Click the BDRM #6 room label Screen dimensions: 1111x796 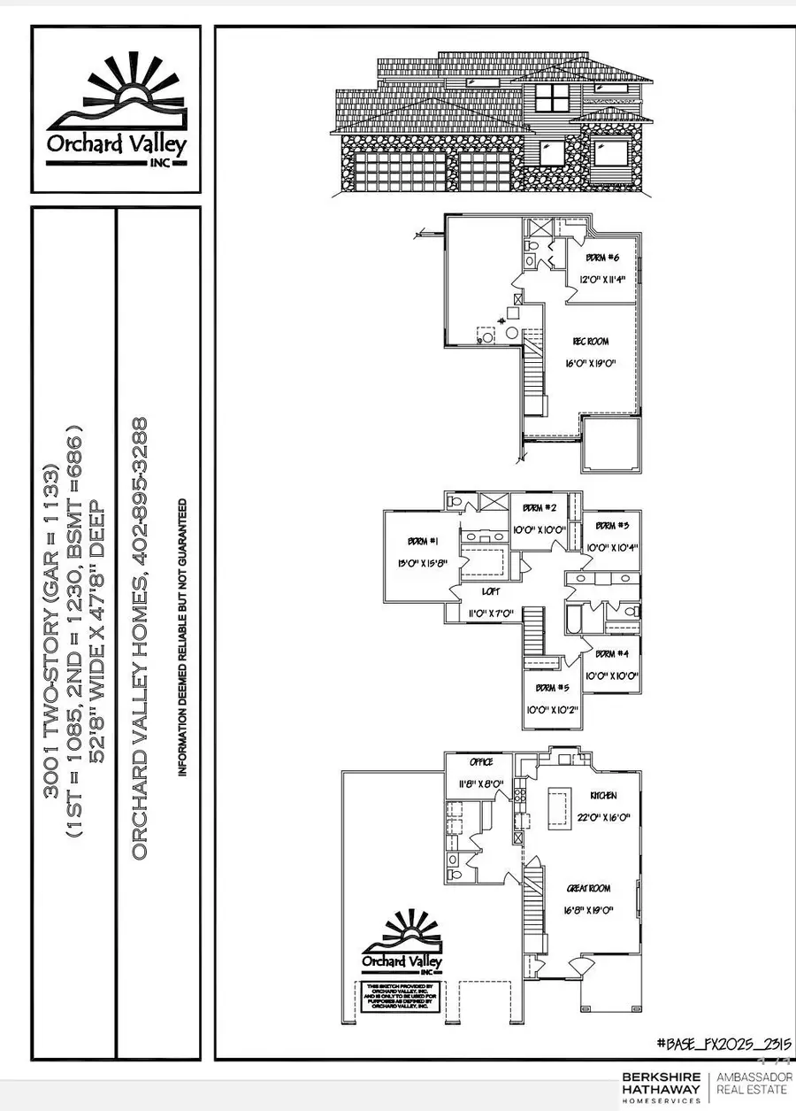pos(602,258)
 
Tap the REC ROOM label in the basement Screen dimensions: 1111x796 pos(591,341)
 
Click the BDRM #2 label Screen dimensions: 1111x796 pos(539,508)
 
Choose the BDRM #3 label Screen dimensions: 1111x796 pos(606,525)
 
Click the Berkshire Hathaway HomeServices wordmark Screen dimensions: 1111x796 pos(662,1087)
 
